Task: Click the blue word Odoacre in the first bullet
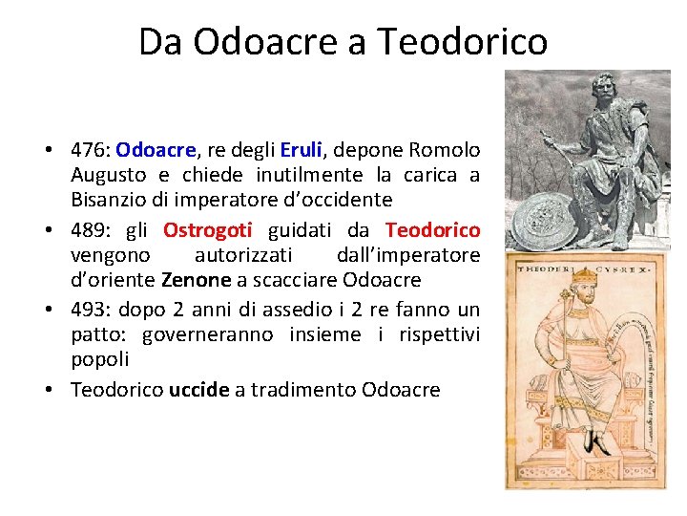point(156,150)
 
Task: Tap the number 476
point(90,150)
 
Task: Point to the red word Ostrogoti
point(207,230)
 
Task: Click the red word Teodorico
point(432,230)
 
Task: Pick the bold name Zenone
point(197,280)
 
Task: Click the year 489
point(90,230)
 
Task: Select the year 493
point(90,310)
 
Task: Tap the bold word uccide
point(199,389)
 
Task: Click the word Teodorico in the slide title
point(463,42)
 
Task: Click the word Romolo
point(445,150)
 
